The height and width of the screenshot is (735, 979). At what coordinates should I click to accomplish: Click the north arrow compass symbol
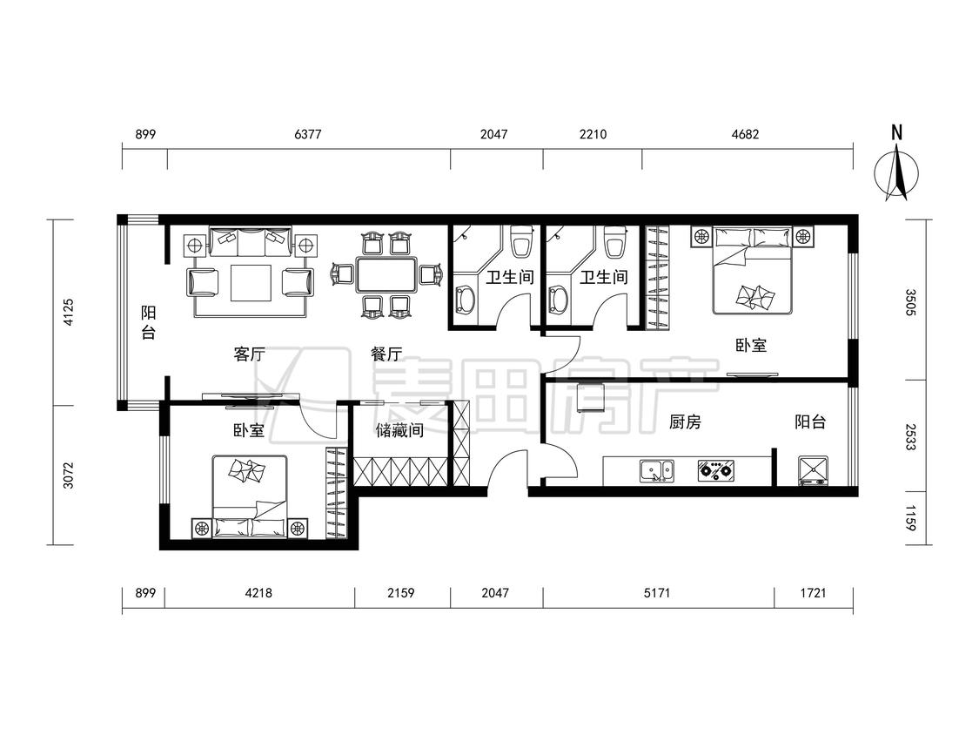(x=896, y=171)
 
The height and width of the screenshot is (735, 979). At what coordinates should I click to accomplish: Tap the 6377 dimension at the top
(x=308, y=134)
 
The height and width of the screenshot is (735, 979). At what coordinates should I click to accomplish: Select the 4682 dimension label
(x=745, y=134)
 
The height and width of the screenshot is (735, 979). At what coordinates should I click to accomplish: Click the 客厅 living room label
(x=249, y=354)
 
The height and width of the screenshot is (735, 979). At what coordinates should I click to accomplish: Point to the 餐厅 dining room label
(x=386, y=354)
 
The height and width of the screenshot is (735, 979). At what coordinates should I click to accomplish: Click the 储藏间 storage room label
(x=399, y=430)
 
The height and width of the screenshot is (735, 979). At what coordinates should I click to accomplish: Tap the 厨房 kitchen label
(x=685, y=422)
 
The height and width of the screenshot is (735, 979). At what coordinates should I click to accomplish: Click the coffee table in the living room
(x=251, y=283)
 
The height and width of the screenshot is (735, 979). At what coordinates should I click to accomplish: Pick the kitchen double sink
(x=657, y=470)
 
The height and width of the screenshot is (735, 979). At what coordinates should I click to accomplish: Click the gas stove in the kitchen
(x=716, y=470)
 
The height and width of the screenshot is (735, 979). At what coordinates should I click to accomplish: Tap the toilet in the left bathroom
(x=521, y=240)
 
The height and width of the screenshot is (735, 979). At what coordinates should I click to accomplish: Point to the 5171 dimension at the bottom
(x=657, y=592)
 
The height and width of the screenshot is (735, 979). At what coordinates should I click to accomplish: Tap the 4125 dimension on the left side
(x=69, y=312)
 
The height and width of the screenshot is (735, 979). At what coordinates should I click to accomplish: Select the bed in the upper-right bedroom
(x=753, y=270)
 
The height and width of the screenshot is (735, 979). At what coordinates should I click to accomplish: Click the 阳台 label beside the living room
(x=148, y=322)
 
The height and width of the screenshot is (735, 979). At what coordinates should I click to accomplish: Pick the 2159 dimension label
(x=401, y=592)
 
